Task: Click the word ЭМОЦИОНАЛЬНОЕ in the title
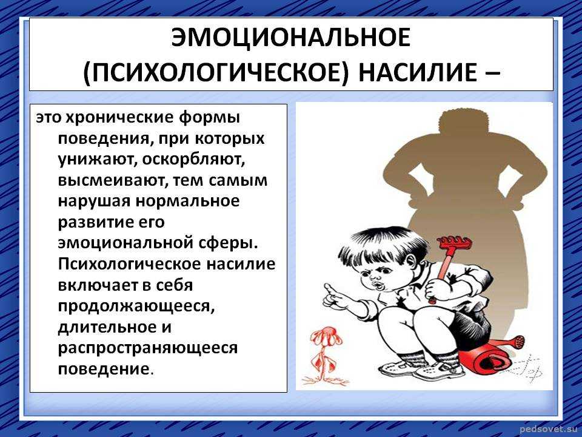tap(290, 37)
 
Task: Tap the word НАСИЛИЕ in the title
tap(417, 72)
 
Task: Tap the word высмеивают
tap(111, 181)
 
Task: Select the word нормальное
tap(187, 201)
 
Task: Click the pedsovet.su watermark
tap(550, 430)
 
